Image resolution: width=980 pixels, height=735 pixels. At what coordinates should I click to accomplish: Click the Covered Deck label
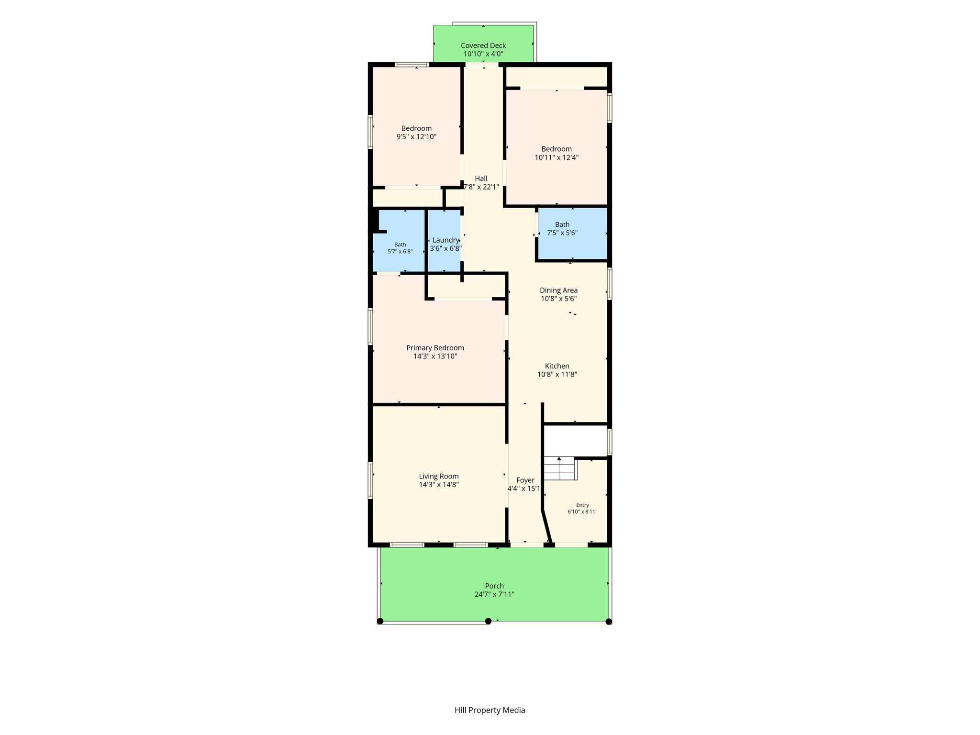(483, 45)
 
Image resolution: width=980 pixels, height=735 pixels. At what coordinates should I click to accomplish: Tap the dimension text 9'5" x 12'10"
(416, 137)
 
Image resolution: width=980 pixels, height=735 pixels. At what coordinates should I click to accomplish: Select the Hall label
(481, 178)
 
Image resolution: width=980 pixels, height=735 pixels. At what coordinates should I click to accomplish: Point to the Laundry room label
(445, 240)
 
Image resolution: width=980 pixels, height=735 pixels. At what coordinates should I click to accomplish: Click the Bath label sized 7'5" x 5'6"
(562, 224)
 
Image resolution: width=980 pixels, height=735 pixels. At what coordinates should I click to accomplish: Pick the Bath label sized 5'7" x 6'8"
(400, 245)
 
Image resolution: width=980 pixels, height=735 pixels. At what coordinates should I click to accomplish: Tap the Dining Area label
(558, 290)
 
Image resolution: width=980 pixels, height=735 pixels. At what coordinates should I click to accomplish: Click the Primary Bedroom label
(435, 348)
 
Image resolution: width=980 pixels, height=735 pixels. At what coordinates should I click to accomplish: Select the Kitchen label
(557, 366)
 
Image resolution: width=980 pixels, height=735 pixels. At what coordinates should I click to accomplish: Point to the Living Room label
(439, 476)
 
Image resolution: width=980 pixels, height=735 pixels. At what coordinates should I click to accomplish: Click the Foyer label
(525, 480)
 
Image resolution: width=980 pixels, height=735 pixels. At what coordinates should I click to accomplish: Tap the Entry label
(582, 505)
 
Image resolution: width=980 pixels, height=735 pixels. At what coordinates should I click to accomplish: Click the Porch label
(494, 586)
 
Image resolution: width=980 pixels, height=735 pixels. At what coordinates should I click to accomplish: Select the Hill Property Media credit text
(490, 710)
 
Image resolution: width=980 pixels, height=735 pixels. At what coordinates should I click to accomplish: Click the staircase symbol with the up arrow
(560, 468)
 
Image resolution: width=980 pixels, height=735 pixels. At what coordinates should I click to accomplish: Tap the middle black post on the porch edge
(488, 621)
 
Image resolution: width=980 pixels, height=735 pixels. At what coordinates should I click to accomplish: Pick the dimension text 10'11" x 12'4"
(557, 157)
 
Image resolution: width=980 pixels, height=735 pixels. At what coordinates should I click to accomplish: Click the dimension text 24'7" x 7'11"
(494, 594)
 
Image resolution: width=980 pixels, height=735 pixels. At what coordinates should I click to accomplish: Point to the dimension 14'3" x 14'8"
(439, 485)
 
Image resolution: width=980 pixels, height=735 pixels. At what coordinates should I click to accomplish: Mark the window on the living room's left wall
(370, 480)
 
